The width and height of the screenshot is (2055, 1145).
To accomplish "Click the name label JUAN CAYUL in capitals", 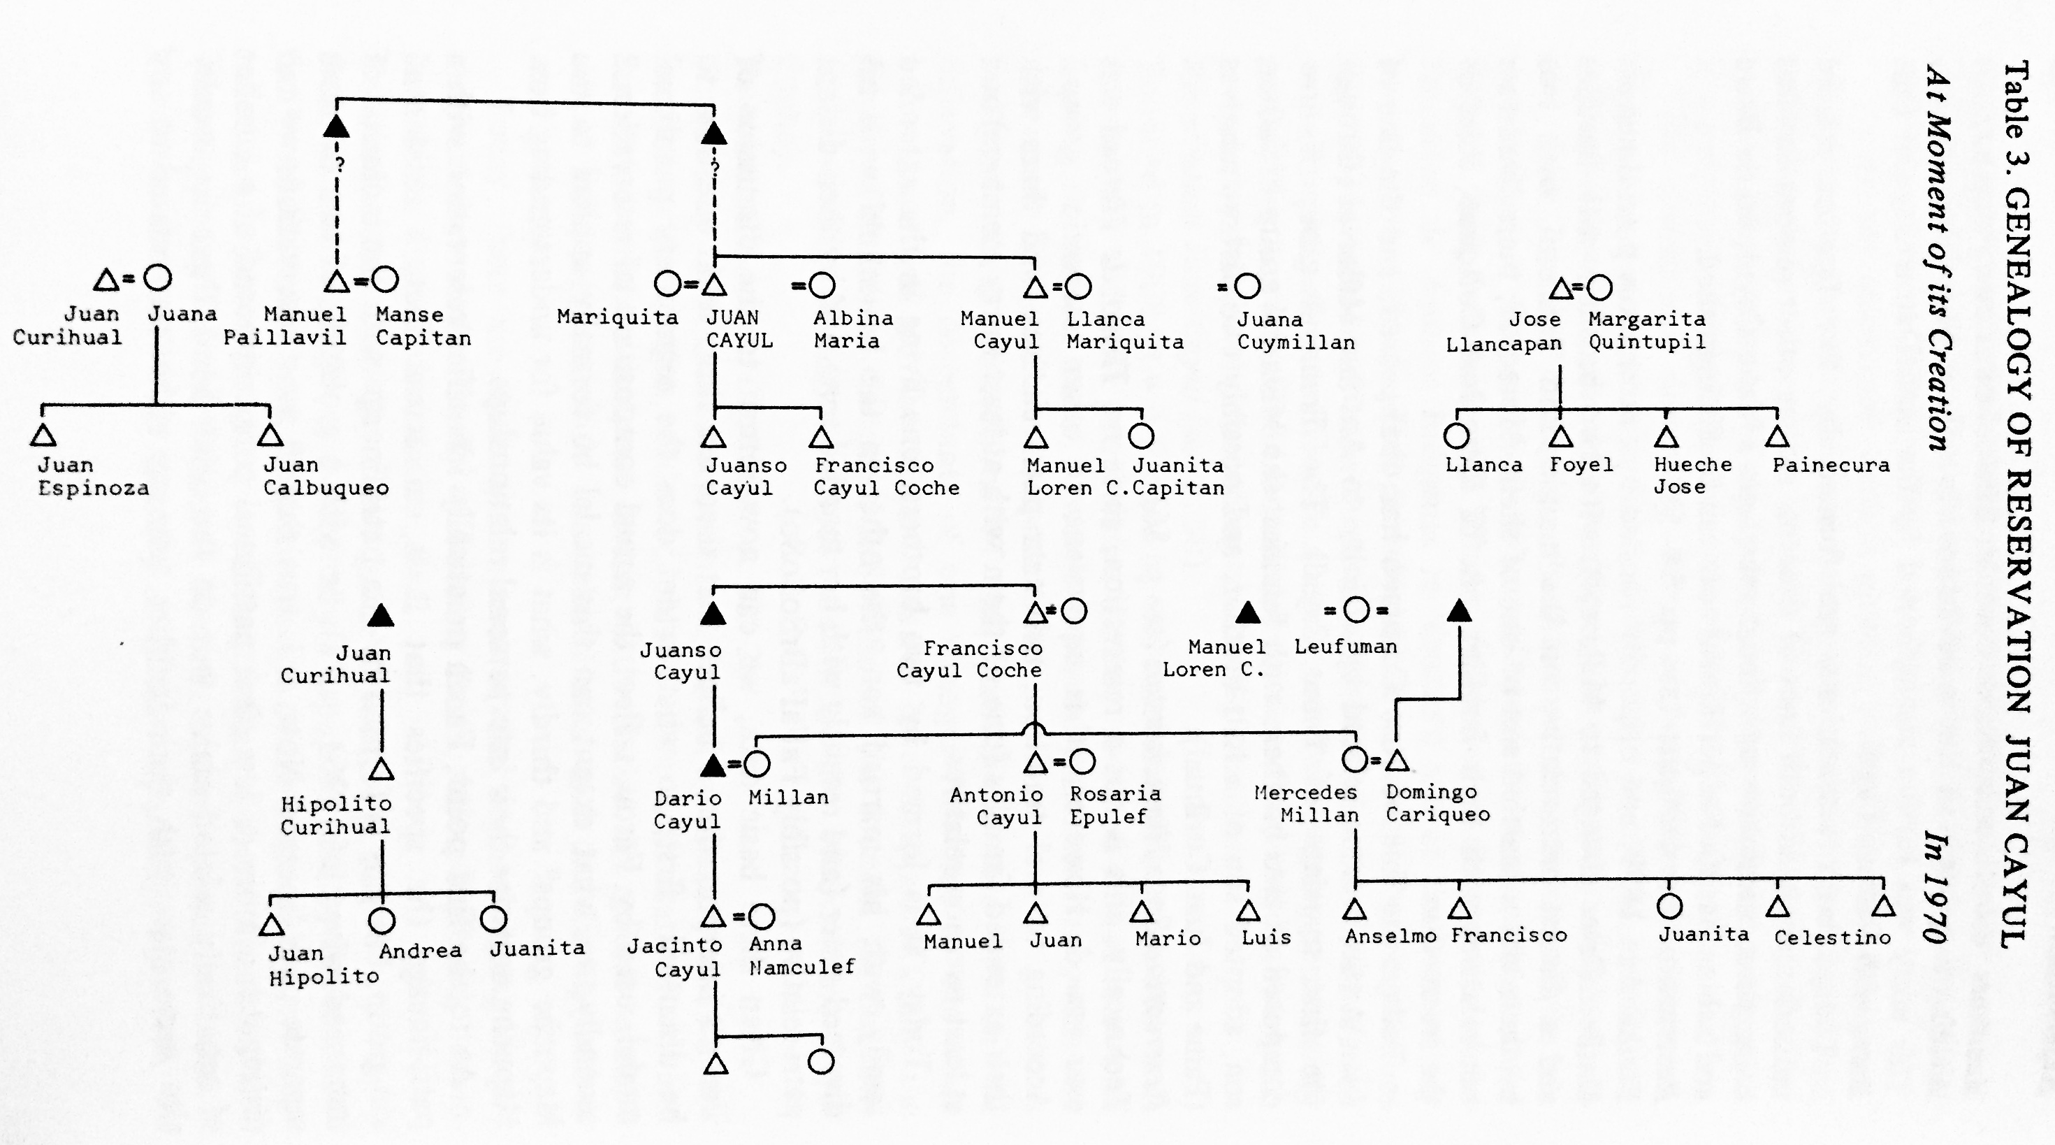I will click(x=739, y=329).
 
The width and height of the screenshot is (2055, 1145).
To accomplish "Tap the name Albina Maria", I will click(x=852, y=329).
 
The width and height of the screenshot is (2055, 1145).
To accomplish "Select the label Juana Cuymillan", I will click(x=1295, y=331).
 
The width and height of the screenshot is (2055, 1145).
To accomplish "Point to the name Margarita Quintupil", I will click(x=1646, y=331).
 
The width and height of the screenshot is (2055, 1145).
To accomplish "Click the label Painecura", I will click(x=1830, y=465).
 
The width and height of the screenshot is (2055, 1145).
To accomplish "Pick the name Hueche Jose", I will click(x=1692, y=475).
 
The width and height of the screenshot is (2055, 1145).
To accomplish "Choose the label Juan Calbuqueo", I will click(x=326, y=476).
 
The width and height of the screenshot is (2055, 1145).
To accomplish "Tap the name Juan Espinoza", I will click(x=92, y=476).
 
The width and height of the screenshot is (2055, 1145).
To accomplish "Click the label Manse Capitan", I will click(x=423, y=326).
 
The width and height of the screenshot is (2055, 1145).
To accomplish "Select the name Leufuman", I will click(x=1345, y=647).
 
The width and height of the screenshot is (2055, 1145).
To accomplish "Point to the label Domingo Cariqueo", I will click(x=1437, y=803).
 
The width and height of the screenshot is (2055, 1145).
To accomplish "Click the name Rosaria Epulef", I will click(x=1114, y=805).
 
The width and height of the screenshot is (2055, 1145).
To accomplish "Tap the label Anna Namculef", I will click(x=801, y=955).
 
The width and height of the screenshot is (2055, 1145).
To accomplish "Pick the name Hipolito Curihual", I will click(x=335, y=814).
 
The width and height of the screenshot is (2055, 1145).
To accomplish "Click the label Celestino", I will click(x=1831, y=937).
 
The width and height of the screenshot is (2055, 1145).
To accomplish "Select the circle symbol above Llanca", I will click(x=1456, y=435).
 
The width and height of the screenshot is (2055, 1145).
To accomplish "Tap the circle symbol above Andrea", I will click(x=382, y=921).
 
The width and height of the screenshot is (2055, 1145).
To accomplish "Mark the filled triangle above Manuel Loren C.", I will click(x=1248, y=613).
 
